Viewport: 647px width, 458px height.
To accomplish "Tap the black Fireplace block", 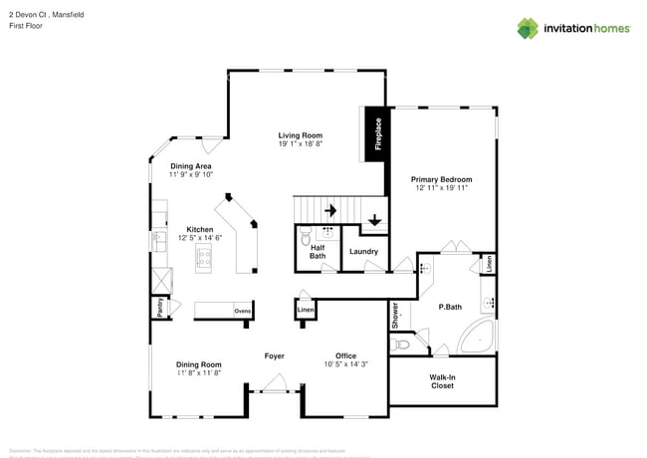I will [376, 134].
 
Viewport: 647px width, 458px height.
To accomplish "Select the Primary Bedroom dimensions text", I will [441, 187].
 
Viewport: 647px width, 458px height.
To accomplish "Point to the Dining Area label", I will [190, 166].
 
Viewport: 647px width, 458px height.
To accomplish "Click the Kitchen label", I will [200, 229].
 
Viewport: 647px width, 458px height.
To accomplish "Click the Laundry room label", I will [363, 252].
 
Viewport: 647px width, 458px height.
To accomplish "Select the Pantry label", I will [159, 309].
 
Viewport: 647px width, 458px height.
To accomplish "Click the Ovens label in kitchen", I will [242, 312].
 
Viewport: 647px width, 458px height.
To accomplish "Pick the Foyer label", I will [275, 355].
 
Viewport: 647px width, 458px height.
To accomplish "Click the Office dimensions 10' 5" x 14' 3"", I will [345, 364].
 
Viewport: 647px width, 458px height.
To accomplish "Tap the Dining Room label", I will [199, 364].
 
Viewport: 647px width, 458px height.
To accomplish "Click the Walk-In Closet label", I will [442, 381].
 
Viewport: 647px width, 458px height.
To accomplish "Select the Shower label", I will [395, 317].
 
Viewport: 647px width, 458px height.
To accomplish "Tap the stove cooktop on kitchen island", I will [204, 260].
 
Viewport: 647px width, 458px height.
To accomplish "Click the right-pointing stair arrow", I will [329, 210].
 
